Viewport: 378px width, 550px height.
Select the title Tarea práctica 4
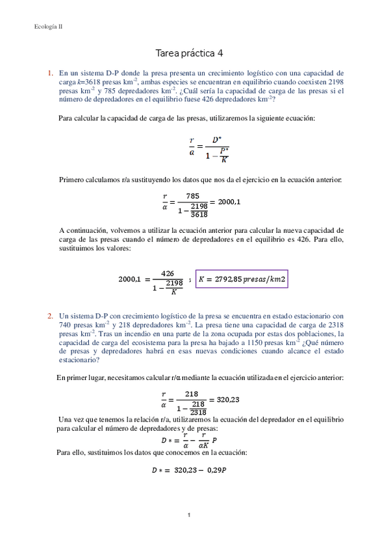(189, 53)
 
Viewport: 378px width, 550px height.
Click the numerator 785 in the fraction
(192, 196)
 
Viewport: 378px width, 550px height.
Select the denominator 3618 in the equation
(199, 215)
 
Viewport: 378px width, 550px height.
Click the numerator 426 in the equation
(168, 273)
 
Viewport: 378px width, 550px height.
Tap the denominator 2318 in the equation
(198, 412)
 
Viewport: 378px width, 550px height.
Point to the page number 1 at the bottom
(188, 515)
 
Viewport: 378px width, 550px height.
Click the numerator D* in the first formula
(216, 140)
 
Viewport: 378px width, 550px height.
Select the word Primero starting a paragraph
(72, 180)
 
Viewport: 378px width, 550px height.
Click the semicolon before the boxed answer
(189, 280)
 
